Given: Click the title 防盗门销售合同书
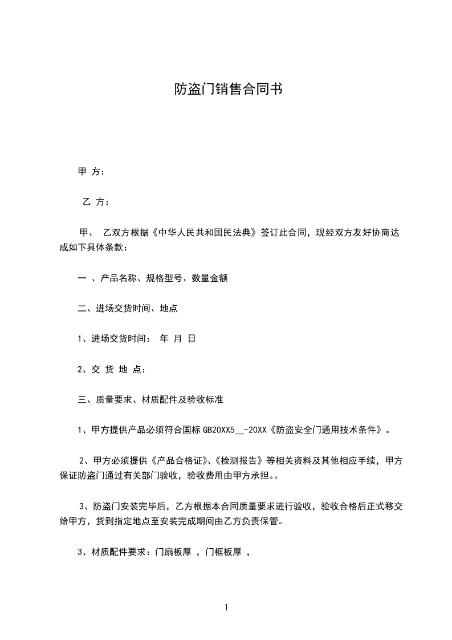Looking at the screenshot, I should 228,90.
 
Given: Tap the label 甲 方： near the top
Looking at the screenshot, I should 91,172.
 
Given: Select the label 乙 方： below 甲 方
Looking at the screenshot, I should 96,202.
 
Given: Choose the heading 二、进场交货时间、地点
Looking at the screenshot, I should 128,309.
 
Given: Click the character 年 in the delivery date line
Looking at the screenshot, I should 164,339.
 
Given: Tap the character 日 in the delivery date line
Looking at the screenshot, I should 192,339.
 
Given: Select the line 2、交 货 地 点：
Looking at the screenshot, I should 112,370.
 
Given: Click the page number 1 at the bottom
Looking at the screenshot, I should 226,607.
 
